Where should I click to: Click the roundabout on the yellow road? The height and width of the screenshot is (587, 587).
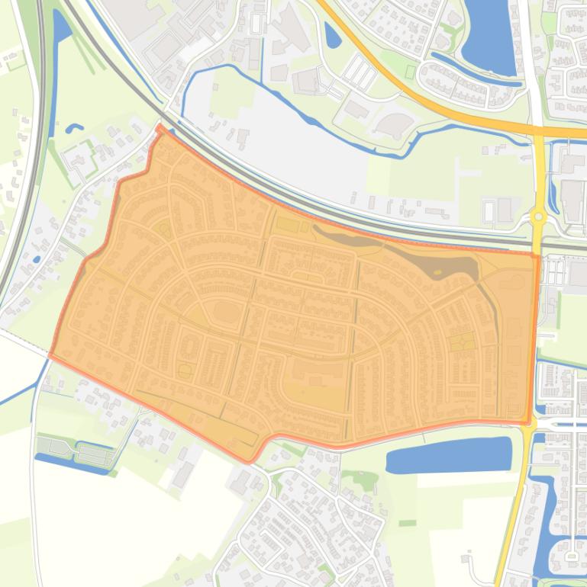[x=539, y=217]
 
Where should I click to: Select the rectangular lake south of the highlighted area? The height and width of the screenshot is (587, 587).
[x=449, y=456]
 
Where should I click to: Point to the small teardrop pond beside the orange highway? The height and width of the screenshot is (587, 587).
[x=332, y=34]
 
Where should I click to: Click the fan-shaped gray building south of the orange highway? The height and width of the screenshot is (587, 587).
[x=394, y=125]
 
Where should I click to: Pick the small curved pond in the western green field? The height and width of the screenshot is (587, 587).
[x=73, y=128]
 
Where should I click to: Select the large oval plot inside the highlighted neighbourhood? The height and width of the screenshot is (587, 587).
[x=226, y=313]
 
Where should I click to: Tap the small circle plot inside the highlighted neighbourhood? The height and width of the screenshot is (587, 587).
[x=185, y=371]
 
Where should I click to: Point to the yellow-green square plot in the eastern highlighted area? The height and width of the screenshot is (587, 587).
[x=460, y=342]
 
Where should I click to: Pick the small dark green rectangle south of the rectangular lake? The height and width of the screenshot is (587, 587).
[x=407, y=523]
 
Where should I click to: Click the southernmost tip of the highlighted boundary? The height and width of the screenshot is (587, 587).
[x=248, y=461]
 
